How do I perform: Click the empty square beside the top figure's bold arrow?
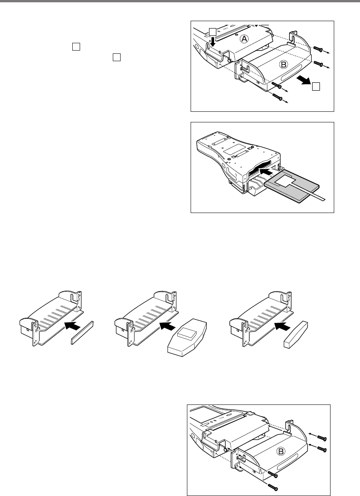pos(315,86)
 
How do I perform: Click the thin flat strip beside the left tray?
pos(82,332)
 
